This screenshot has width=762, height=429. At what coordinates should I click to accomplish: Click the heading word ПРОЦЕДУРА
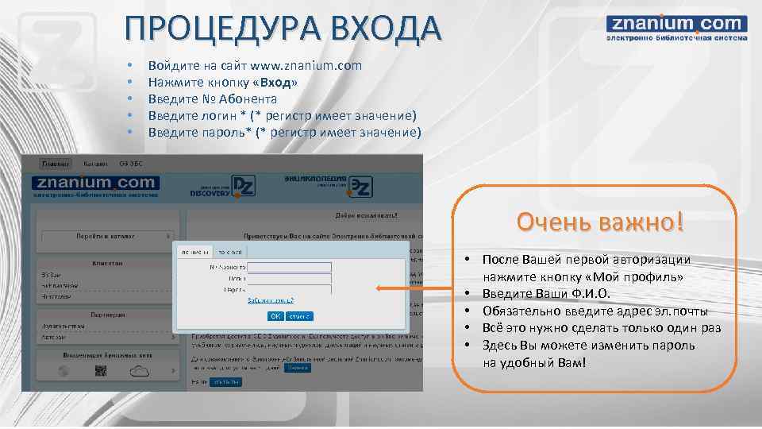[x=211, y=29]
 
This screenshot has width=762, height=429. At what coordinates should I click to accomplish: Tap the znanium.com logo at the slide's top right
[x=676, y=28]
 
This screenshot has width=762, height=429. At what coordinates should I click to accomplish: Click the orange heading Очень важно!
[x=599, y=222]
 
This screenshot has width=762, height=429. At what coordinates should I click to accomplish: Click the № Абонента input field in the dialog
[x=289, y=267]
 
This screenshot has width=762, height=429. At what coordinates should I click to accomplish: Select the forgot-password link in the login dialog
[x=271, y=300]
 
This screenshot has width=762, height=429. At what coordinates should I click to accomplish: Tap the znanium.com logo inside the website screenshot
[x=95, y=187]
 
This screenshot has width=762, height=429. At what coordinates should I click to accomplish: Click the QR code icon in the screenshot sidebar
[x=101, y=371]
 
